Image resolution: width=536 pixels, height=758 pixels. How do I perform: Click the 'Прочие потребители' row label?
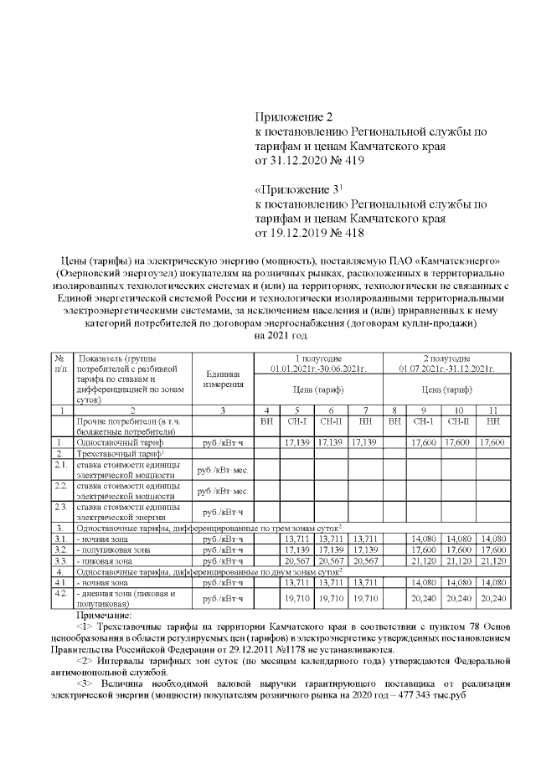point(122,424)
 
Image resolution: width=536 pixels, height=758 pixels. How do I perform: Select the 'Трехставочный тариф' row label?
point(116,452)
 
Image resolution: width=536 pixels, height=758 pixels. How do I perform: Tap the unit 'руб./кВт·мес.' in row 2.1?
point(222,467)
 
